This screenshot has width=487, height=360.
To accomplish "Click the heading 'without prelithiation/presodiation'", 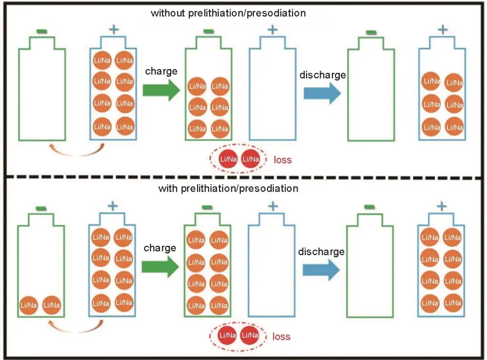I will pos(228,13).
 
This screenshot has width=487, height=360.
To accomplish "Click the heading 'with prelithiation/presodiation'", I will pos(228,188).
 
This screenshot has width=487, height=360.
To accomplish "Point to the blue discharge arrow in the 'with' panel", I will pos(321,269).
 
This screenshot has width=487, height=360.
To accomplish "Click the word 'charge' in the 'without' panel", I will pos(161,71).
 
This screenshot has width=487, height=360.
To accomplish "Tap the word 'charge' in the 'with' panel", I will pos(160,248).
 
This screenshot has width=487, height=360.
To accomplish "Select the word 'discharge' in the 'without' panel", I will pos(322,75).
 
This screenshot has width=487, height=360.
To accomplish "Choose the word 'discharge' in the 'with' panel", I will pos(321,252).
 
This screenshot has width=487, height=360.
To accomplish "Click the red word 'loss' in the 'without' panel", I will pos(283,159).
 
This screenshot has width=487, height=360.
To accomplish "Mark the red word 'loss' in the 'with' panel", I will pos(281,337).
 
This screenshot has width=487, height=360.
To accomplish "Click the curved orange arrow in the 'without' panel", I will pos(77,152).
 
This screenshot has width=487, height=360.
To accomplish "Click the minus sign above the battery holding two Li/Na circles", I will pos(41,208).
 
